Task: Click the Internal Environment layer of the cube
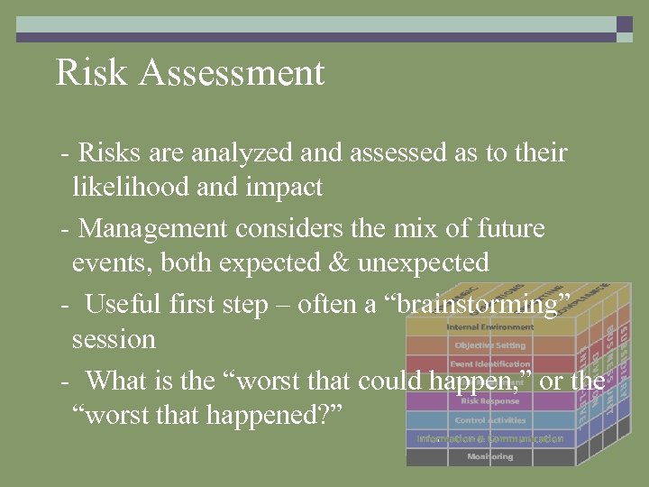[x=489, y=326]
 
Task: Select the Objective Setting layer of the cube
[x=489, y=345]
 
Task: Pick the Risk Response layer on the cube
[x=489, y=401]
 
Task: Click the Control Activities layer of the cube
[x=489, y=420]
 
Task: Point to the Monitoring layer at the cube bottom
[x=489, y=457]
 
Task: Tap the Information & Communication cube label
[x=489, y=438]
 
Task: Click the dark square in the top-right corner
[x=625, y=24]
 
